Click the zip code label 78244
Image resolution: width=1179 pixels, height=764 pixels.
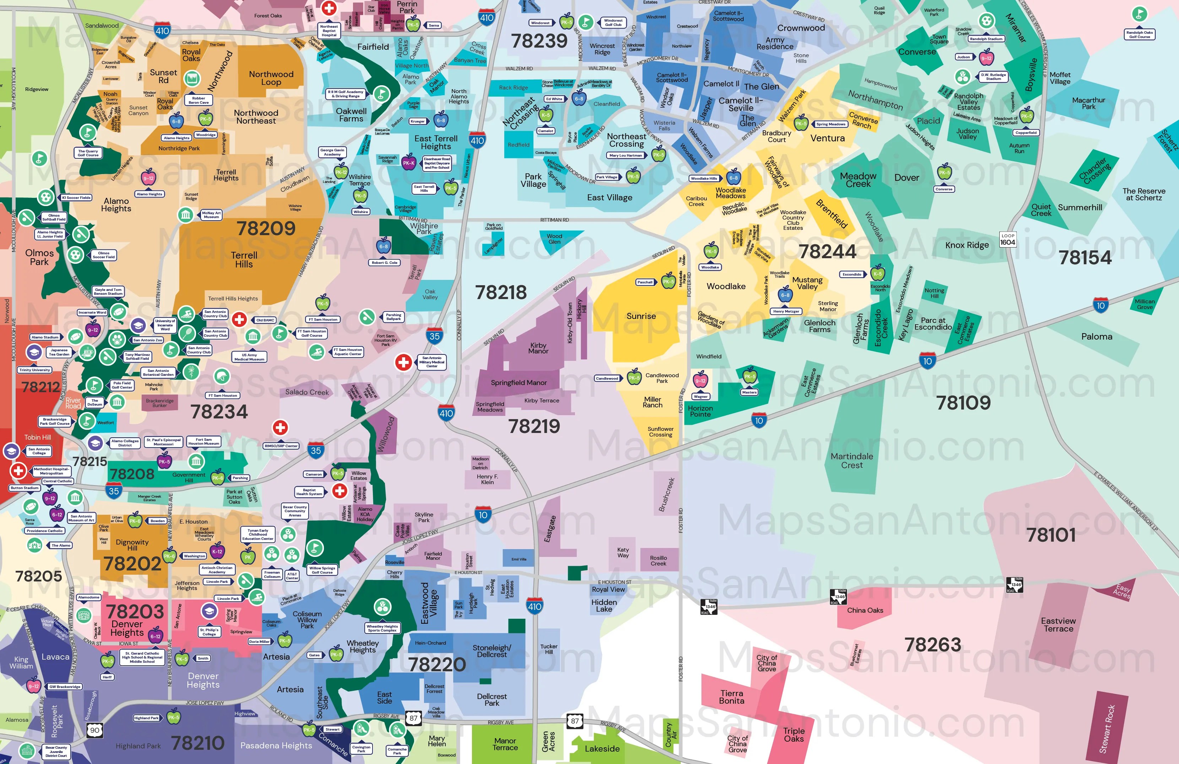(x=827, y=252)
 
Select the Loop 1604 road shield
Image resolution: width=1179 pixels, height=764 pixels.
(x=1007, y=239)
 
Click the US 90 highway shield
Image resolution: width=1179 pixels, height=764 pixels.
(x=94, y=730)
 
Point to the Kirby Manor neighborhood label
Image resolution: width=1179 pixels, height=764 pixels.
(x=538, y=348)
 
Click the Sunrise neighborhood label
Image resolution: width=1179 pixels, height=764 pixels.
(x=641, y=316)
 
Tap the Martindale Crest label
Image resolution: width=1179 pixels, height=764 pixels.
(x=852, y=460)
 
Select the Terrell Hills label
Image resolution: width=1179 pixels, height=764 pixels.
(x=244, y=260)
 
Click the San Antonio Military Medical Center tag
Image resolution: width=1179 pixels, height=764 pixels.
(x=431, y=362)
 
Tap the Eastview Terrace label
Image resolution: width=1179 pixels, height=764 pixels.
(x=1058, y=625)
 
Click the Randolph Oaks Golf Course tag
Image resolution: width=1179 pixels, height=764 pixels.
(x=1139, y=34)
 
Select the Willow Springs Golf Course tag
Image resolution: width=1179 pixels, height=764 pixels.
(x=322, y=570)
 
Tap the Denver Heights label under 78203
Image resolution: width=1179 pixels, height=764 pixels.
(x=127, y=628)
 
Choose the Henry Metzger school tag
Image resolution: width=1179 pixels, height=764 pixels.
(x=785, y=311)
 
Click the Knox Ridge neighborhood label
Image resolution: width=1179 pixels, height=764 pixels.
(x=967, y=245)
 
